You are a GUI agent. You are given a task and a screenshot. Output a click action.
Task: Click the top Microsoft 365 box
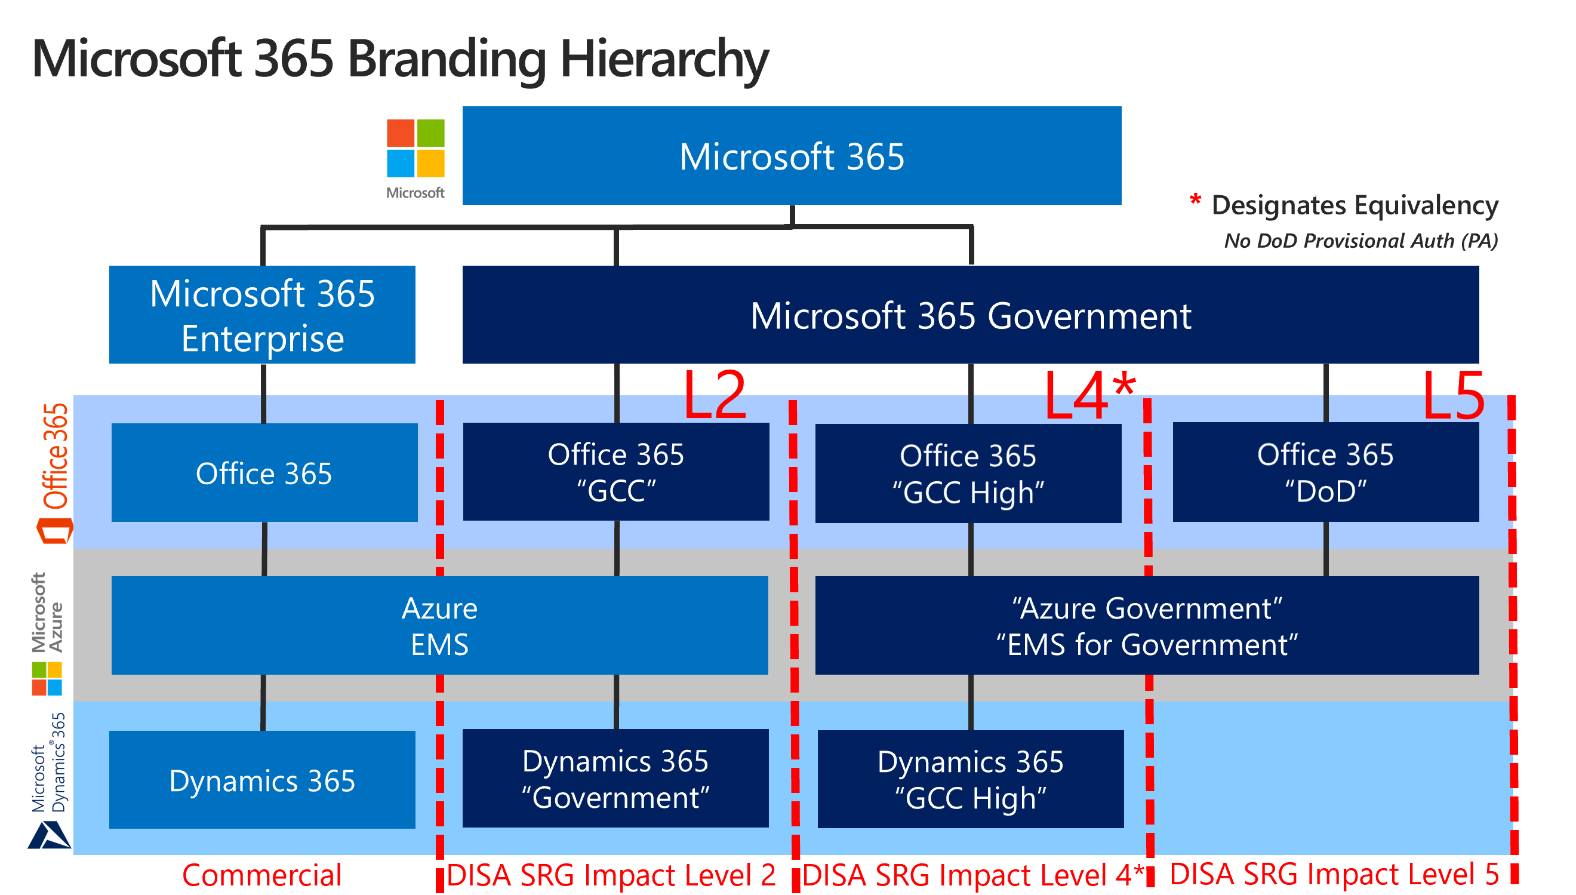792,155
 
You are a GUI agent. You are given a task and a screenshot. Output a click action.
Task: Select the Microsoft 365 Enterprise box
262,315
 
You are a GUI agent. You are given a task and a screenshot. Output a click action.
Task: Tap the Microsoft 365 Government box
970,315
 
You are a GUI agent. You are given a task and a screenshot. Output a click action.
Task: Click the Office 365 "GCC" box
616,472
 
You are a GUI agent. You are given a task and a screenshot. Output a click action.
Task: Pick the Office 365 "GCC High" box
968,473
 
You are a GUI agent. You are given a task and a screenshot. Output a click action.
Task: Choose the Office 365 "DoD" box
1326,472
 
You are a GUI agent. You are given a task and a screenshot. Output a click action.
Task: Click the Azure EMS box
440,626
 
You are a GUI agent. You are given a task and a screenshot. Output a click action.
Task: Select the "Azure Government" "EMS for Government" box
1147,626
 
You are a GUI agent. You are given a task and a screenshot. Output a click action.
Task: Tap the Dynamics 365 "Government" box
615,779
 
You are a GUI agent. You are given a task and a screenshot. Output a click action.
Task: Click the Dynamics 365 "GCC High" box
971,779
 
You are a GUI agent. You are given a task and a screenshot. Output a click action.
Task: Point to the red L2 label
715,395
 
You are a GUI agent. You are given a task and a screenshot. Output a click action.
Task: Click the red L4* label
1090,395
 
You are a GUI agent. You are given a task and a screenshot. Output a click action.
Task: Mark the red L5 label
1454,395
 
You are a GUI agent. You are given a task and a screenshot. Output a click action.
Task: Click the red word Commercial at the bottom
261,875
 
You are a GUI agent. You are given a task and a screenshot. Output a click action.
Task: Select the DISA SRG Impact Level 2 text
611,875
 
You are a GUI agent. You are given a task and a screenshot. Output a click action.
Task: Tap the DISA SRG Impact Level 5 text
1335,874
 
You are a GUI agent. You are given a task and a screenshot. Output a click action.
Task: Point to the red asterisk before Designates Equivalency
1195,200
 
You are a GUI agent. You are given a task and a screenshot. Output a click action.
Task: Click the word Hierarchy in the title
664,60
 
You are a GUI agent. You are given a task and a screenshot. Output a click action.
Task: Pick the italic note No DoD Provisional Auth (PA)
1361,241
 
